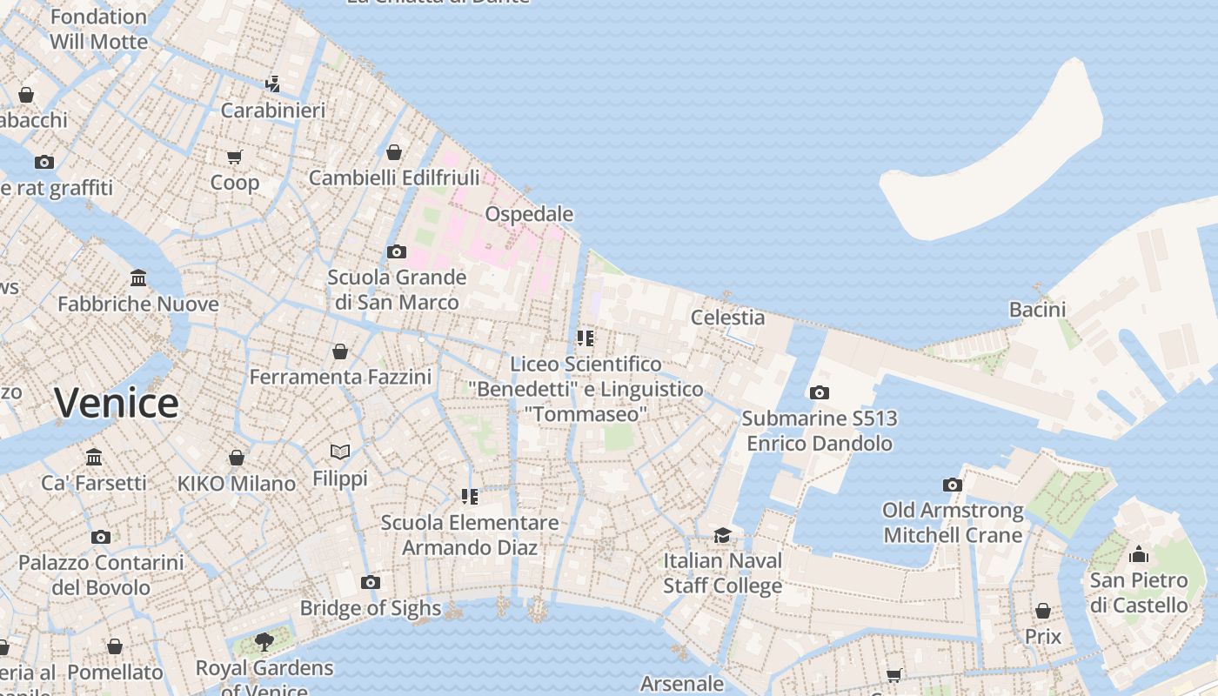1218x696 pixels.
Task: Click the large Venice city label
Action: [x=116, y=403]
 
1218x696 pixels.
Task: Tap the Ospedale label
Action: [x=529, y=214]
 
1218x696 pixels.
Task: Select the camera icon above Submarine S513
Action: [x=819, y=392]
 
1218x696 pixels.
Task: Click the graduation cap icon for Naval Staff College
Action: [x=722, y=534]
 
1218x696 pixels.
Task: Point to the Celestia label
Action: [x=727, y=318]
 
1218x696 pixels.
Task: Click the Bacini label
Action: [x=1037, y=310]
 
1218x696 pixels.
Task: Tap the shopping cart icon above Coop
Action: [x=234, y=157]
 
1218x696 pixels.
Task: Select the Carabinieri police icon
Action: [x=272, y=84]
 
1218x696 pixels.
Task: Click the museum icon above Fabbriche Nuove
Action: [x=138, y=278]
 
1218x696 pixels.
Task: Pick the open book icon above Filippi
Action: [x=340, y=452]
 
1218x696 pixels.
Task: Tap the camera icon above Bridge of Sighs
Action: [x=371, y=582]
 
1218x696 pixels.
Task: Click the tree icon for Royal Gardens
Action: [x=264, y=642]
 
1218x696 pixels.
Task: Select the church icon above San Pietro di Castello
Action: [x=1138, y=554]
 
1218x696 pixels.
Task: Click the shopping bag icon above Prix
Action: [x=1042, y=611]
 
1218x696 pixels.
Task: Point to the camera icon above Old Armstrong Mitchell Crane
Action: [x=953, y=485]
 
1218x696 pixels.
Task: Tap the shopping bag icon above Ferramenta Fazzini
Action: [x=340, y=351]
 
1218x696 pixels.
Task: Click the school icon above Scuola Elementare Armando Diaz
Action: [x=470, y=497]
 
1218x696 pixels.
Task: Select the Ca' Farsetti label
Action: [x=94, y=483]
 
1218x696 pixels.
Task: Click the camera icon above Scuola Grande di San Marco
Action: [x=397, y=251]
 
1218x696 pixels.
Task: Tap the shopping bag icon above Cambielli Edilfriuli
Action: [x=394, y=152]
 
